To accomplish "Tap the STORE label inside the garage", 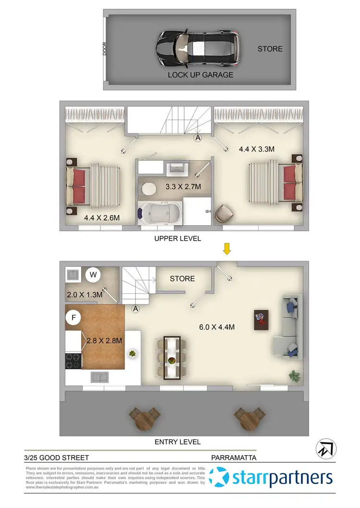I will [x=270, y=49].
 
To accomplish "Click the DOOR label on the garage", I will [x=105, y=49].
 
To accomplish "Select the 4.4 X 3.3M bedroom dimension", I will [x=257, y=149].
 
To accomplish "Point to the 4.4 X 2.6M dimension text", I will [x=101, y=218].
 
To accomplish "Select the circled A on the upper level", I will [x=197, y=138].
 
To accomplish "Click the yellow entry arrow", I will [x=227, y=249].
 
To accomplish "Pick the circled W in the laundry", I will [x=93, y=275].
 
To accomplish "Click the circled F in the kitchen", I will [x=73, y=317].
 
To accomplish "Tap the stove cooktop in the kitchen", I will [x=73, y=361].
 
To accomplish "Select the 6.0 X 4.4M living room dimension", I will [x=216, y=327].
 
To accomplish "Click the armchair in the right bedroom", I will [x=224, y=213].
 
